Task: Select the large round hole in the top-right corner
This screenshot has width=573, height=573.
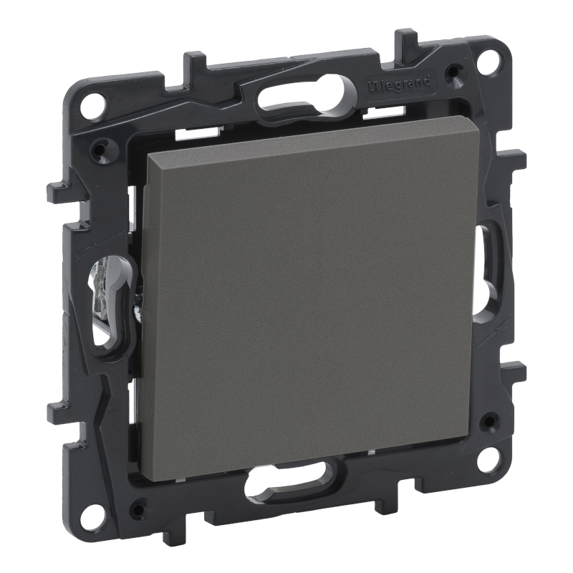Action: coord(492,56)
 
